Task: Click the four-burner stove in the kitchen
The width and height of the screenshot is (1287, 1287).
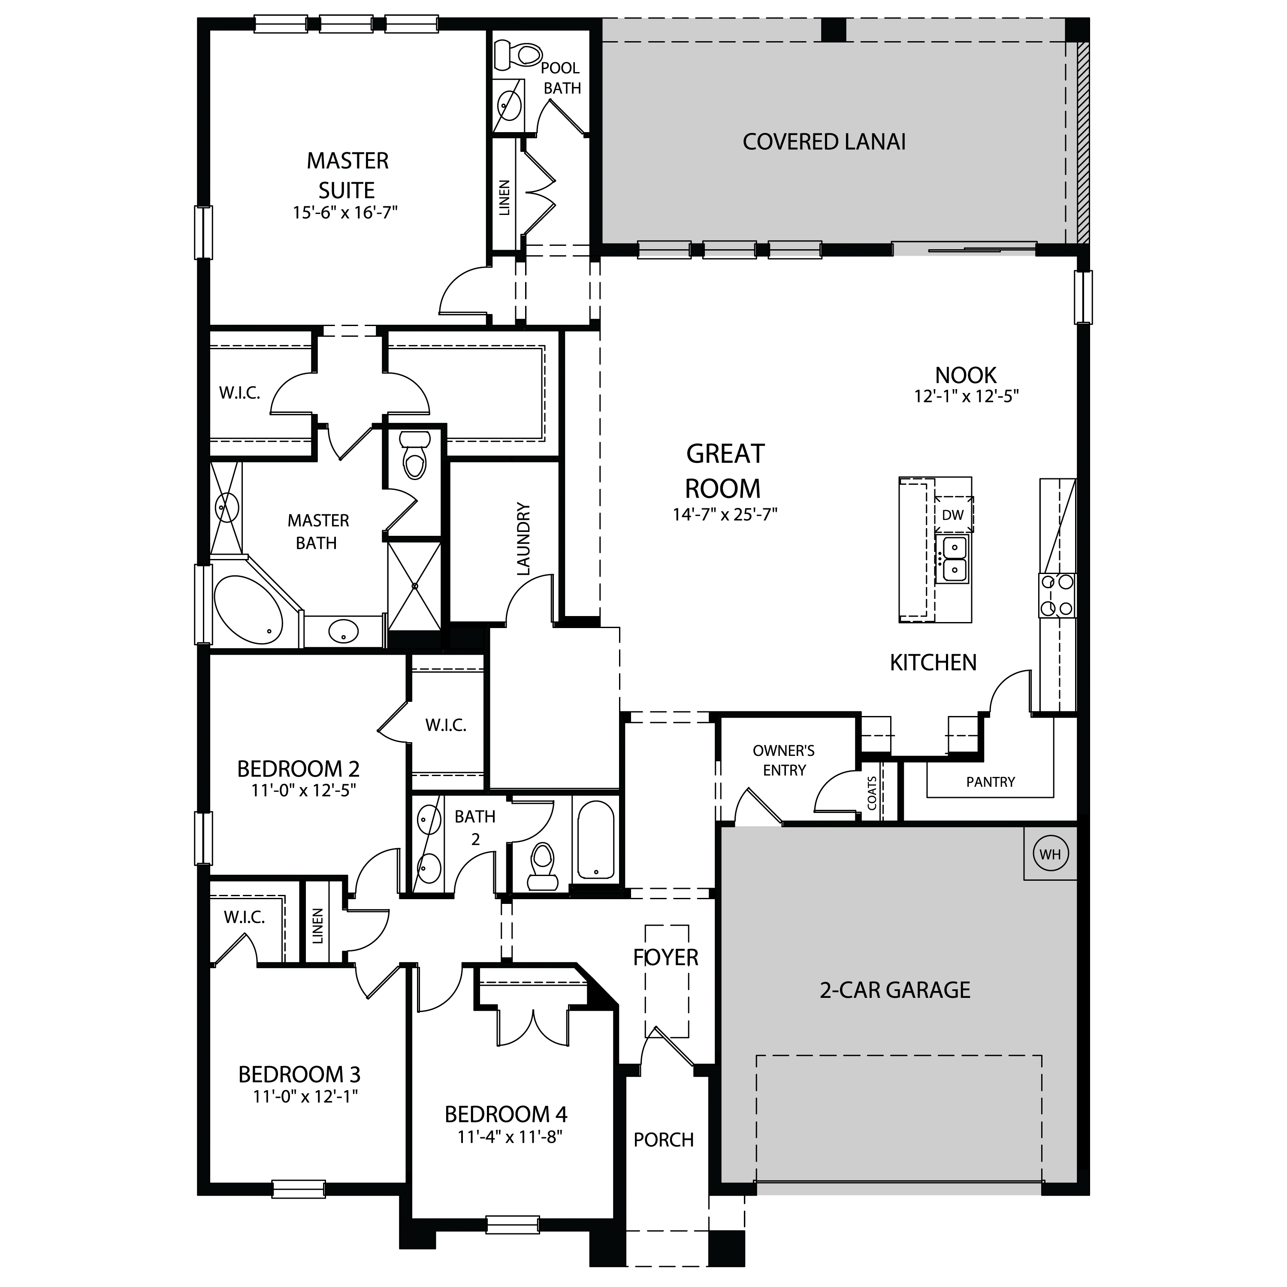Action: click(1057, 595)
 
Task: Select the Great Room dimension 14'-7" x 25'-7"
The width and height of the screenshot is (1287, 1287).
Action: click(725, 514)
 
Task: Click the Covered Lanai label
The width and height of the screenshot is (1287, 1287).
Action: click(824, 142)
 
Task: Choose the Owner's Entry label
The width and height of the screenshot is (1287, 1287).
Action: click(784, 760)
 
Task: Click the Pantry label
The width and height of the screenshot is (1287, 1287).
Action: click(991, 782)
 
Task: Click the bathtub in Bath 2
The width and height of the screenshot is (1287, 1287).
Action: click(596, 840)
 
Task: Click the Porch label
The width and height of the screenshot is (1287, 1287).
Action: click(664, 1140)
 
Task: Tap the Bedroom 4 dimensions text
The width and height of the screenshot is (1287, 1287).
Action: click(510, 1136)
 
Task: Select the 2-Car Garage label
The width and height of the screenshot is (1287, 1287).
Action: click(894, 990)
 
